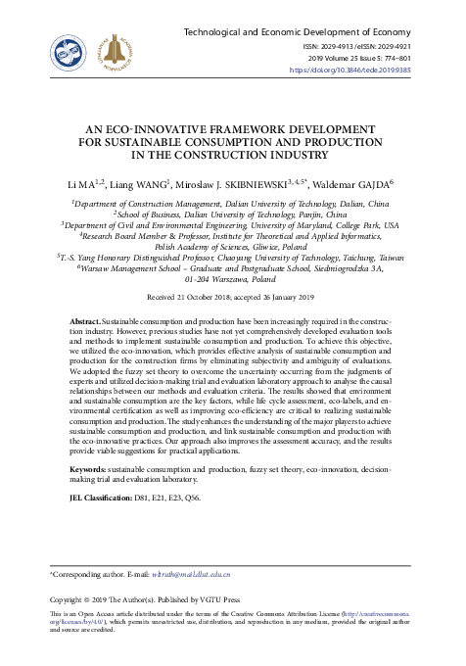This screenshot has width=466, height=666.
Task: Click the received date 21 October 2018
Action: point(202,268)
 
